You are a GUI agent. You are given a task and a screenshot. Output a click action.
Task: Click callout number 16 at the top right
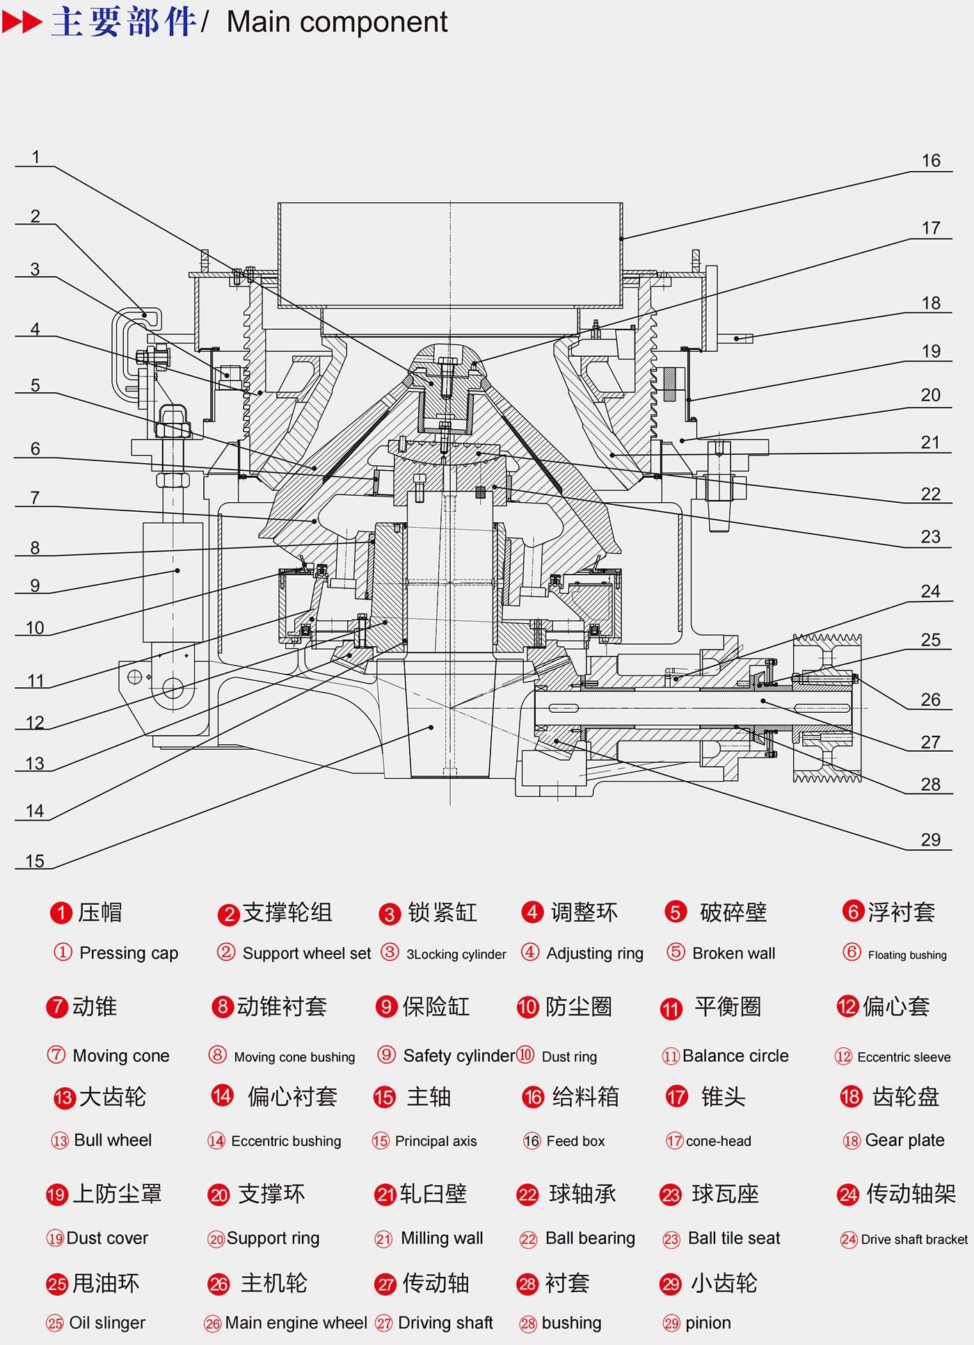(931, 161)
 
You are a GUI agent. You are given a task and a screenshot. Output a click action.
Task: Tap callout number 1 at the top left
(35, 157)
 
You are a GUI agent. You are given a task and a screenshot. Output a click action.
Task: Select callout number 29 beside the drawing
(930, 840)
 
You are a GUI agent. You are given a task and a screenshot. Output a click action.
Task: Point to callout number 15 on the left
(35, 861)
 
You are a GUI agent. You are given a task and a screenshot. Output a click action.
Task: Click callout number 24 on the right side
(930, 591)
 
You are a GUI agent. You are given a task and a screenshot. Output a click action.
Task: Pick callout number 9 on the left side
(35, 586)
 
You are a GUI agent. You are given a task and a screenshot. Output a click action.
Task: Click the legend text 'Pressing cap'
(129, 953)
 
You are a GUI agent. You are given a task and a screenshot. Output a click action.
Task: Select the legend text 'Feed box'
(575, 1141)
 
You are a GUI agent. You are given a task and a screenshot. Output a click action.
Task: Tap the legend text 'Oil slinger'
(107, 1323)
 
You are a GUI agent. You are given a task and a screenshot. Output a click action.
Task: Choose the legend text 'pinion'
(708, 1323)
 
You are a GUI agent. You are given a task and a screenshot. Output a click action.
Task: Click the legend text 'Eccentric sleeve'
(904, 1057)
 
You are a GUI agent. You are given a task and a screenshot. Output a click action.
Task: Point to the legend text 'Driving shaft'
(445, 1323)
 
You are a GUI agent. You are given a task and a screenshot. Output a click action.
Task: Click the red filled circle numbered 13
(64, 1098)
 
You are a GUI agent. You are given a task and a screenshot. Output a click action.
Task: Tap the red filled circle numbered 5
(676, 912)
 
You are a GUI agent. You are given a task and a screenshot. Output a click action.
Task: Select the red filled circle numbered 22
(528, 1195)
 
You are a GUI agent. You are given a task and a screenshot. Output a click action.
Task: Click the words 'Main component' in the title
(337, 22)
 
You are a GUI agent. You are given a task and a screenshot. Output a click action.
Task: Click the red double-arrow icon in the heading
(22, 22)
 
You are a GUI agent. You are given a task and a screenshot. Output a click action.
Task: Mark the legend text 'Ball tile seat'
(734, 1239)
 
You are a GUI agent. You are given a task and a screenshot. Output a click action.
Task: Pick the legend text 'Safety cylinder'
(459, 1056)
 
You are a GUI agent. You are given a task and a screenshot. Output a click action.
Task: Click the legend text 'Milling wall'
(442, 1239)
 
